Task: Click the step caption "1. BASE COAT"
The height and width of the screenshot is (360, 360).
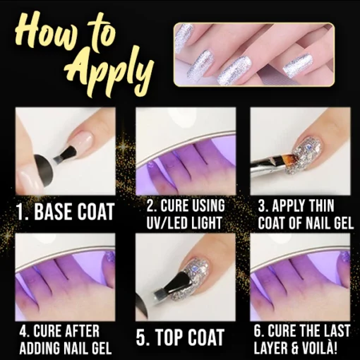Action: (x=65, y=212)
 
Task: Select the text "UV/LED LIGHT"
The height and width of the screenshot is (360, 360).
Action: (x=184, y=222)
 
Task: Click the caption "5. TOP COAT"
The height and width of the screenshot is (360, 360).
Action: (x=180, y=337)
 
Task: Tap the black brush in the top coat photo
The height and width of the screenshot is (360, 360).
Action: (x=169, y=284)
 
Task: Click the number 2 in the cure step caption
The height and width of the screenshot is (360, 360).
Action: (x=150, y=205)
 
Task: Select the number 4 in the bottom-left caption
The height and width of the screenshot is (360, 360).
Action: (x=23, y=331)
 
